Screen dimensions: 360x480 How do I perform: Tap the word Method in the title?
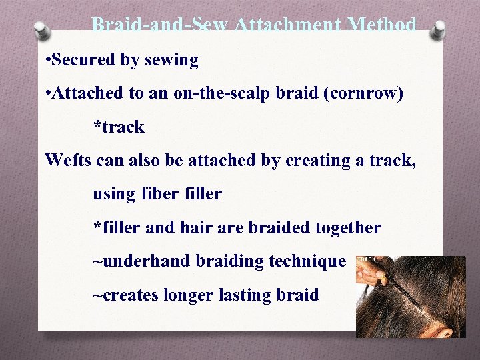pyautogui.click(x=381, y=25)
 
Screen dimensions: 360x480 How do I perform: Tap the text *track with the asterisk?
pyautogui.click(x=119, y=127)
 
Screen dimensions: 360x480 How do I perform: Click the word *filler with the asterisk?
pyautogui.click(x=117, y=227)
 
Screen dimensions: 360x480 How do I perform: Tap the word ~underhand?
pyautogui.click(x=141, y=261)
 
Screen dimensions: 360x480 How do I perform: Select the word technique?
pyautogui.click(x=307, y=261)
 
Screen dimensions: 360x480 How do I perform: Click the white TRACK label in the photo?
pyautogui.click(x=367, y=259)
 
